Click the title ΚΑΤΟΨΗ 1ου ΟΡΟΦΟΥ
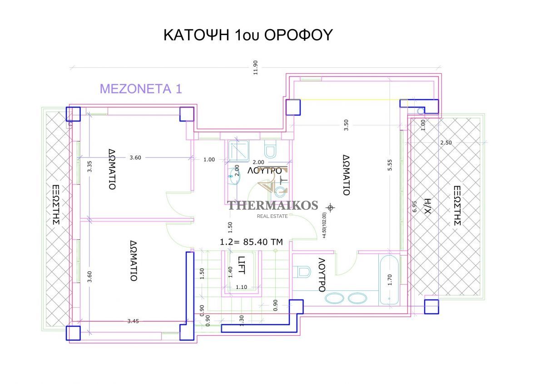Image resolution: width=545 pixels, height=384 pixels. click(x=248, y=35)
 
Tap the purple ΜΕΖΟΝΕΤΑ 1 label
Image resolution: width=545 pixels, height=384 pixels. click(x=141, y=89)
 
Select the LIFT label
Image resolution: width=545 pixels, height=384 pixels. click(x=241, y=265)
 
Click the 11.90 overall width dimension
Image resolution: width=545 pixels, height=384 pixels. click(x=255, y=67)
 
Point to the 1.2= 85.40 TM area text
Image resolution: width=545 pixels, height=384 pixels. click(x=251, y=242)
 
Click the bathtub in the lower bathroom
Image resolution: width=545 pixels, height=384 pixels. click(x=389, y=280)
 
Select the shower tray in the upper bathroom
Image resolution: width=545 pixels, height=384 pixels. click(x=239, y=151)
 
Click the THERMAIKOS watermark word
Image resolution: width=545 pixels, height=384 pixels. click(x=272, y=205)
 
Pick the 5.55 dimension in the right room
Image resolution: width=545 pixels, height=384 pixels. click(x=390, y=165)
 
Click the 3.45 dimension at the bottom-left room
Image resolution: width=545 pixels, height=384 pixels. click(x=133, y=321)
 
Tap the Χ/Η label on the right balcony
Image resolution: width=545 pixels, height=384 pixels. click(x=427, y=206)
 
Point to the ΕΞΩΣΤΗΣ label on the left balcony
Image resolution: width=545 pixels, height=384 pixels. click(x=56, y=205)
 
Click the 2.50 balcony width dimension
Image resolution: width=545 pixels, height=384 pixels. click(x=446, y=142)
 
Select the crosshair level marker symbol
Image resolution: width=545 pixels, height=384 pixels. click(x=330, y=208)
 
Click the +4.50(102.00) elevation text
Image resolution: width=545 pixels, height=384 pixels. click(x=324, y=225)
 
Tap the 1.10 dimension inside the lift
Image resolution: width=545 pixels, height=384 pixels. click(x=241, y=287)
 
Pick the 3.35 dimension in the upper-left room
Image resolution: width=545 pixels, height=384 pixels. click(x=89, y=167)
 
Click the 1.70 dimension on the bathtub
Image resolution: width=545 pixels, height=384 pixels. click(x=390, y=280)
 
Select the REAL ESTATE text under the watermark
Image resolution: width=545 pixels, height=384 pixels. click(x=272, y=216)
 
